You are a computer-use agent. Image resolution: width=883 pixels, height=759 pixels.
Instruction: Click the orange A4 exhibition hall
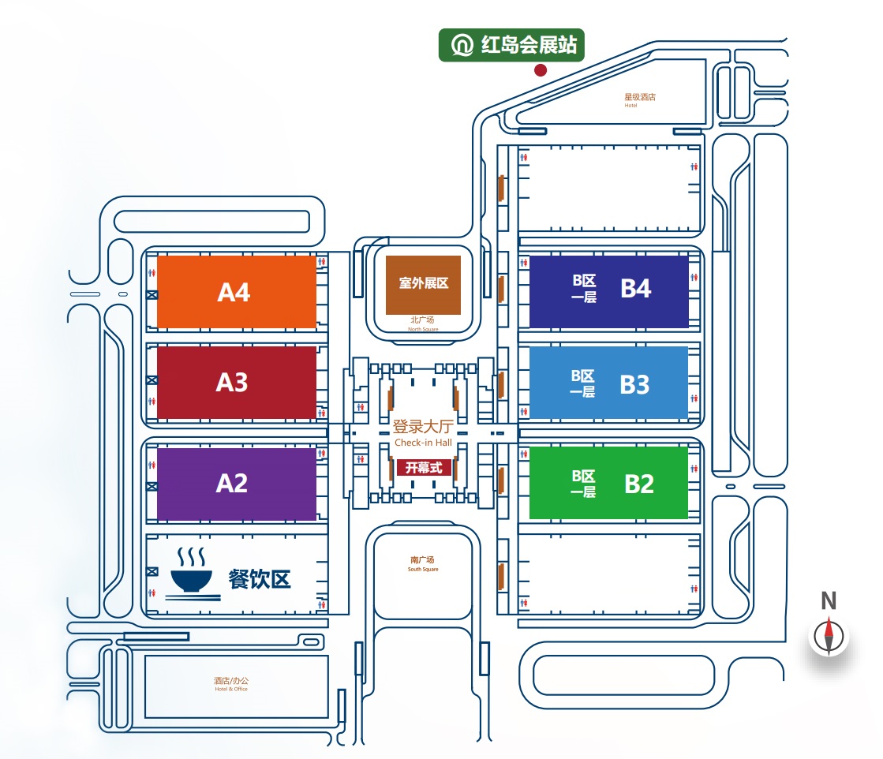[x=237, y=292]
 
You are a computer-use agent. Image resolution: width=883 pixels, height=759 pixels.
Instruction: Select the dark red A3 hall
[x=237, y=383]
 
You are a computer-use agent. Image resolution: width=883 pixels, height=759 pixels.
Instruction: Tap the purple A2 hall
[x=237, y=484]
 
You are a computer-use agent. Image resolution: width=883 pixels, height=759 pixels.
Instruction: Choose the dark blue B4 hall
[x=608, y=292]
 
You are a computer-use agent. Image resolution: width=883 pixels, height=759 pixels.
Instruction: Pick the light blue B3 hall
[x=608, y=383]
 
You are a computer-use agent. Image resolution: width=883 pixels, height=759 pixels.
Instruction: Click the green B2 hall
[x=608, y=483]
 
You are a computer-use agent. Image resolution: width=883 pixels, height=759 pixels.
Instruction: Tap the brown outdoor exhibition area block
[x=423, y=285]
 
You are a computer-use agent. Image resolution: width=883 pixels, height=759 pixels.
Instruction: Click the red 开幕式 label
[x=424, y=467]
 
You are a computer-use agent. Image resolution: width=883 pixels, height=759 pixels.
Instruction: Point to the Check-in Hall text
[x=424, y=443]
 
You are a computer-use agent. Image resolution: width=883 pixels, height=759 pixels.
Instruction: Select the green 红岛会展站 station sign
[x=511, y=45]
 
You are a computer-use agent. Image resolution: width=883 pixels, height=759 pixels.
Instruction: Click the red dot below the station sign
[x=541, y=69]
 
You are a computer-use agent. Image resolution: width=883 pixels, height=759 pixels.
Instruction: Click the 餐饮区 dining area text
[x=260, y=579]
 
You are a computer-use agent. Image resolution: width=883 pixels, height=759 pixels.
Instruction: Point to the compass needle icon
[x=829, y=636]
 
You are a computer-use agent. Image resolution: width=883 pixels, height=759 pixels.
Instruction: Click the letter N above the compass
[x=829, y=600]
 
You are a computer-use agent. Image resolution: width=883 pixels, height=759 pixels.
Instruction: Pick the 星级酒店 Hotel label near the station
[x=640, y=99]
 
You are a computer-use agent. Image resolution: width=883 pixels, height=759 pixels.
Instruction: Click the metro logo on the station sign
[x=462, y=45]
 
